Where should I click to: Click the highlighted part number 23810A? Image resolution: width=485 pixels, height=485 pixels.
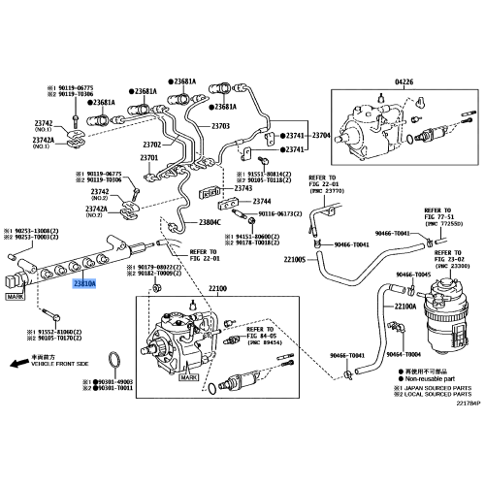84,283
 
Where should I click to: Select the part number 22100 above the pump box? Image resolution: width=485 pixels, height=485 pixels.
217,288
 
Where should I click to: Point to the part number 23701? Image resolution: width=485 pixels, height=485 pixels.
148,157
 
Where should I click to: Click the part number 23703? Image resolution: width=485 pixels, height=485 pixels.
220,126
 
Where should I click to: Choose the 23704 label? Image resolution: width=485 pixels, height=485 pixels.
322,135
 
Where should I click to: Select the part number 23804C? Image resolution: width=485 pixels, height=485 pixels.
211,222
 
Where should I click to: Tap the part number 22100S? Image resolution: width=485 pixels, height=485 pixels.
294,260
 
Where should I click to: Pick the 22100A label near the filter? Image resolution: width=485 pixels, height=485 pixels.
405,307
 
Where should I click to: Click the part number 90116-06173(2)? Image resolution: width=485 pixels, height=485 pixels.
282,214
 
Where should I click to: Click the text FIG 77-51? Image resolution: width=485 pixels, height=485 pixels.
438,218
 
